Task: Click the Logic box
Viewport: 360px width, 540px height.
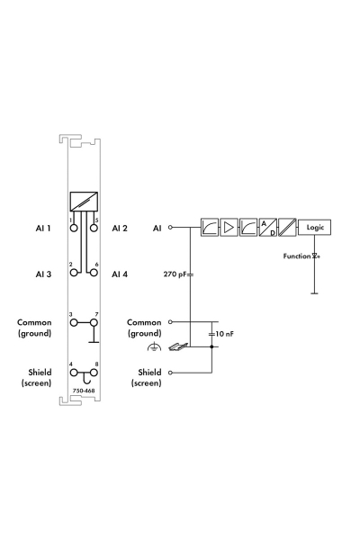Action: [x=314, y=228]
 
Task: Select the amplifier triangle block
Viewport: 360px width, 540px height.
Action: [x=229, y=228]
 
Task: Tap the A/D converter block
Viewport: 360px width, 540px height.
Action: [x=267, y=228]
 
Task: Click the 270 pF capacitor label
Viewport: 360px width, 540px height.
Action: [x=175, y=274]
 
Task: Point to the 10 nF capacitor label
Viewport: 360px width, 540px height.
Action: [x=225, y=334]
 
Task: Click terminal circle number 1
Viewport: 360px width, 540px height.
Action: [x=74, y=228]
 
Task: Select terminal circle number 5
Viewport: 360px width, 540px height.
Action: [x=93, y=228]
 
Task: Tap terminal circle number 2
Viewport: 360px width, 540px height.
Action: [x=74, y=273]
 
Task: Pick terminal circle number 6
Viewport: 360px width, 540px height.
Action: [x=93, y=273]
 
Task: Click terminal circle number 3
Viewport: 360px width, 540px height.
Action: [x=74, y=323]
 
